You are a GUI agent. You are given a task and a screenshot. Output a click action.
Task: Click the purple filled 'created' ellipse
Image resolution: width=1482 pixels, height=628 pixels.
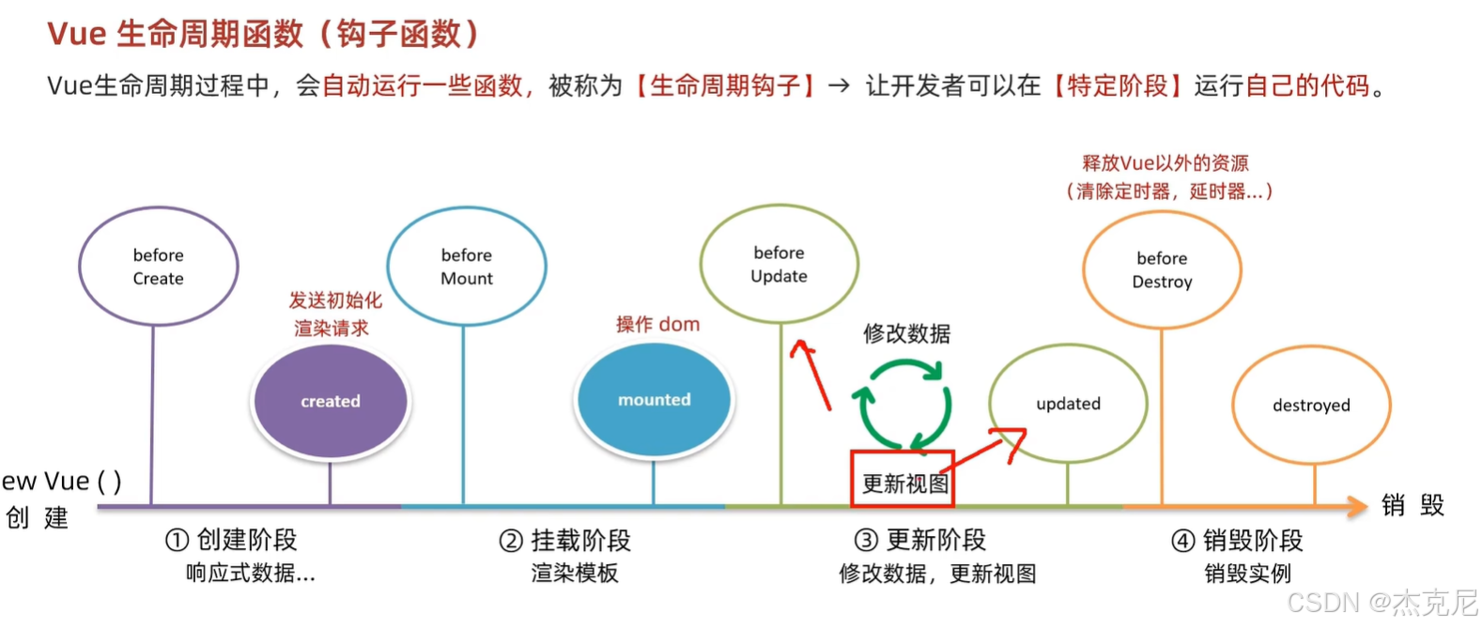pyautogui.click(x=331, y=401)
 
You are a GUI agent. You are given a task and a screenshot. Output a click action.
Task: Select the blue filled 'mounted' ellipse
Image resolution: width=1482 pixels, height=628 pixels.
pyautogui.click(x=654, y=400)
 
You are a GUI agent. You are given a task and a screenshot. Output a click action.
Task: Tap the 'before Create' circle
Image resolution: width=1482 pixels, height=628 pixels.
pyautogui.click(x=158, y=267)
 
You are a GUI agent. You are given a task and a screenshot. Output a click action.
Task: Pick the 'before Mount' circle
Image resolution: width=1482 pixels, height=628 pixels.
pyautogui.click(x=466, y=267)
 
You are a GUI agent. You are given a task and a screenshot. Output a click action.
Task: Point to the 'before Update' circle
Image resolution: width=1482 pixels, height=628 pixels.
pyautogui.click(x=779, y=265)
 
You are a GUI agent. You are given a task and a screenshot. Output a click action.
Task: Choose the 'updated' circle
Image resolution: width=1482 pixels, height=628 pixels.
pyautogui.click(x=1068, y=404)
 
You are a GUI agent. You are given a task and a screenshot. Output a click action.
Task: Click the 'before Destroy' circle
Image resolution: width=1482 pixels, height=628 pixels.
pyautogui.click(x=1162, y=270)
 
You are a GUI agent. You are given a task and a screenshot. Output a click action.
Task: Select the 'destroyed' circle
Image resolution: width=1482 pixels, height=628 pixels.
pyautogui.click(x=1311, y=406)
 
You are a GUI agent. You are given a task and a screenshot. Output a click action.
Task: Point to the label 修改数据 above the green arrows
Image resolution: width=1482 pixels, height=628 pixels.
pyautogui.click(x=906, y=333)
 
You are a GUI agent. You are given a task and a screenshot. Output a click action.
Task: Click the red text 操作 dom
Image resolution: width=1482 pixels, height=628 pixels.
pyautogui.click(x=657, y=325)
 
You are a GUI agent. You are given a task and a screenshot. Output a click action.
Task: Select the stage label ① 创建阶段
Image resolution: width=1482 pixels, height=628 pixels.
pyautogui.click(x=231, y=540)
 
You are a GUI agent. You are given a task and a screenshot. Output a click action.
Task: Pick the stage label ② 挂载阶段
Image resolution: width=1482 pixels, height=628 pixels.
pyautogui.click(x=564, y=541)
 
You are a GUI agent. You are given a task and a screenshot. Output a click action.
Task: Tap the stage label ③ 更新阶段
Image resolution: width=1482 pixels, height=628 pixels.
pyautogui.click(x=920, y=540)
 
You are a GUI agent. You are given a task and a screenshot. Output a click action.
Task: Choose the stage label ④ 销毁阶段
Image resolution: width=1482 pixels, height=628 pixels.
pyautogui.click(x=1237, y=541)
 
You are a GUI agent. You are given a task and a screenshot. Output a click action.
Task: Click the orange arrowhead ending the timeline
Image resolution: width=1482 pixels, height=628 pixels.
pyautogui.click(x=1357, y=507)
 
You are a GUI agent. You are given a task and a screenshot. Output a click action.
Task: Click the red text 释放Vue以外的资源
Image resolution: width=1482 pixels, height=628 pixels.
pyautogui.click(x=1165, y=163)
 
